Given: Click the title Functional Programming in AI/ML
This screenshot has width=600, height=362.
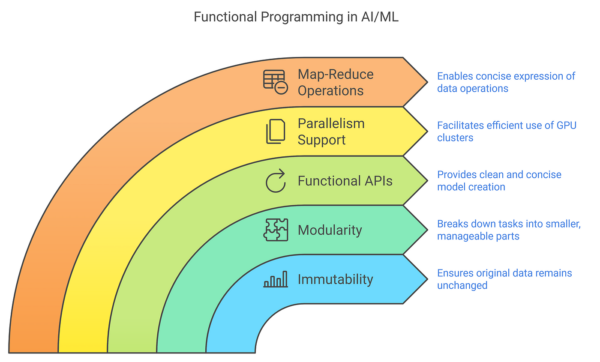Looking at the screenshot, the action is pos(296,17).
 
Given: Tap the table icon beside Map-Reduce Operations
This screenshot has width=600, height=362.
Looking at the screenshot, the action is pos(275,82).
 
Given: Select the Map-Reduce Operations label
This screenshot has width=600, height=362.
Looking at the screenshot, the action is pos(335,82).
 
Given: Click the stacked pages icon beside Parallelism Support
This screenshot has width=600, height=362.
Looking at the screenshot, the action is pos(275,132).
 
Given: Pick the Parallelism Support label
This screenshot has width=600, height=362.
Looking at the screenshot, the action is pos(331,132).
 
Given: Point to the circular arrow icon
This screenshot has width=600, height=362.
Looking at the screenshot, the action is pos(275,181).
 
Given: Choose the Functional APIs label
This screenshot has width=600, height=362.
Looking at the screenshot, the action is pos(345,181).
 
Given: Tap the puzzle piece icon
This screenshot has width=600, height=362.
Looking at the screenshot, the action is pos(276,230).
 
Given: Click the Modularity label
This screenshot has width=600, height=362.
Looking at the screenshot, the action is pos(330,230).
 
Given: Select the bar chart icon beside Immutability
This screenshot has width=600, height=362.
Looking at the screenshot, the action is pos(276,279).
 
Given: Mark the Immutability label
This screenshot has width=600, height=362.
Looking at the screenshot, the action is pos(335,279).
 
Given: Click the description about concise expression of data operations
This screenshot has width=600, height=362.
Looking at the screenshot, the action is pos(506,82).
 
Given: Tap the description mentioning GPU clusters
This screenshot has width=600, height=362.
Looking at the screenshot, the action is pos(507,132).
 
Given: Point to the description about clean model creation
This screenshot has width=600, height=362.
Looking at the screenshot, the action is pos(499,181).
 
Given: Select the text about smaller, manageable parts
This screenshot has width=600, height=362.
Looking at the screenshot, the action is pos(509,230).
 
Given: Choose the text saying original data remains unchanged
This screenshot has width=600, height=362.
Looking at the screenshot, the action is pos(504,279).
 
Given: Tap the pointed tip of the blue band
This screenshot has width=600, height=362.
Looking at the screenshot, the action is pos(428,279).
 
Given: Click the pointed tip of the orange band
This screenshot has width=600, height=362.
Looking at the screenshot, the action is pos(428,82).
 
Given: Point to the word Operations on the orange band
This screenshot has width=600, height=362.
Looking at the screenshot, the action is pos(330,90).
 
